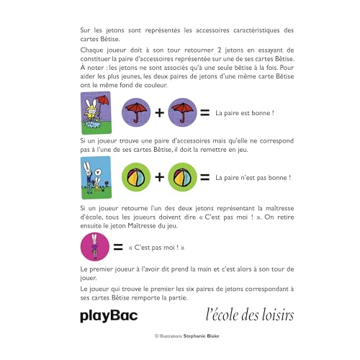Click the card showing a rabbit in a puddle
[93, 112]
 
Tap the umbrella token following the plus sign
[183, 112]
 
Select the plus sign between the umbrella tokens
[158, 113]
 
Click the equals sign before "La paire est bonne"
[204, 113]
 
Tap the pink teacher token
[93, 248]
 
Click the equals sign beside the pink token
[116, 248]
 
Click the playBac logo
[108, 315]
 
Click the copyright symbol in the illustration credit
[156, 336]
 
